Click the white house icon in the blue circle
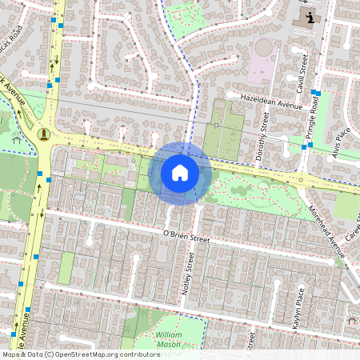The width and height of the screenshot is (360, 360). click(180, 172)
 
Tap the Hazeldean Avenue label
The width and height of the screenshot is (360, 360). click(266, 101)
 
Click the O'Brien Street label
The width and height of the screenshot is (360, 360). click(186, 236)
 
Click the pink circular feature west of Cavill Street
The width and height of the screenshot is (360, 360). click(265, 49)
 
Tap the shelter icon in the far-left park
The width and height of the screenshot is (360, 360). click(16, 143)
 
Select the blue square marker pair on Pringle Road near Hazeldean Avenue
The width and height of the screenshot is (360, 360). click(316, 94)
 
